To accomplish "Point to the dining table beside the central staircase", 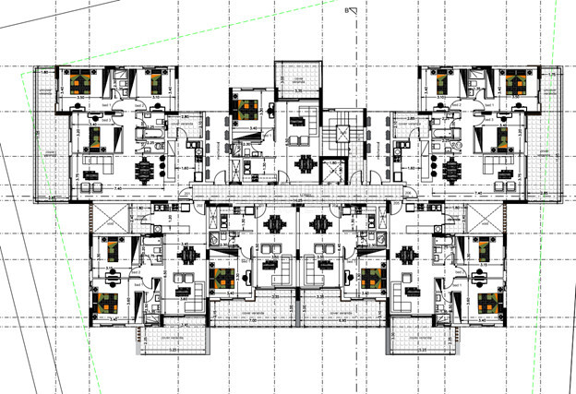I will pyautogui.click(x=306, y=165).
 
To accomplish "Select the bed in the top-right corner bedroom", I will pyautogui.click(x=514, y=83).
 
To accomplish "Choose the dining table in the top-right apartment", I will pyautogui.click(x=450, y=170).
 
